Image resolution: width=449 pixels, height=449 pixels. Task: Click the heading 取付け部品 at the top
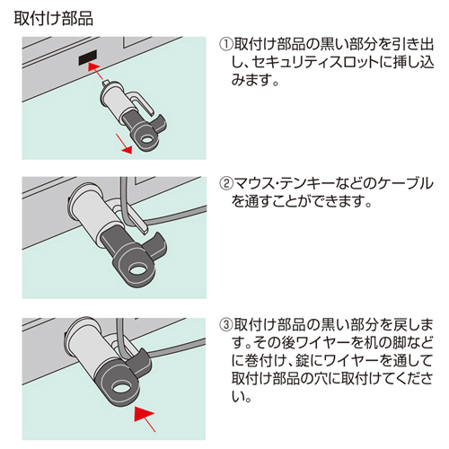coord(53,19)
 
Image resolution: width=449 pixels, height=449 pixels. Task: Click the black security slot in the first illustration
coord(88,57)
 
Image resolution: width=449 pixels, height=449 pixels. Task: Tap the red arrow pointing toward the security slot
coord(98,72)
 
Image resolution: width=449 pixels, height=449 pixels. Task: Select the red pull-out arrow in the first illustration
coord(124,144)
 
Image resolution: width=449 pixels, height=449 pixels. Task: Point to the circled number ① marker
coord(226,45)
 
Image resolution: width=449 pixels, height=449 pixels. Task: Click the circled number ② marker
coord(226,183)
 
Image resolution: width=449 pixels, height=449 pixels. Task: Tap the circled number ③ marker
coord(226,324)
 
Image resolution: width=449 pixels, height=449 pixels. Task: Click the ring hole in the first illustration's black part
coord(146,140)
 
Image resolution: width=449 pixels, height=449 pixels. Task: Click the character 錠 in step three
coord(303,361)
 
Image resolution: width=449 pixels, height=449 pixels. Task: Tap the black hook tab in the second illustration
coord(155,244)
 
